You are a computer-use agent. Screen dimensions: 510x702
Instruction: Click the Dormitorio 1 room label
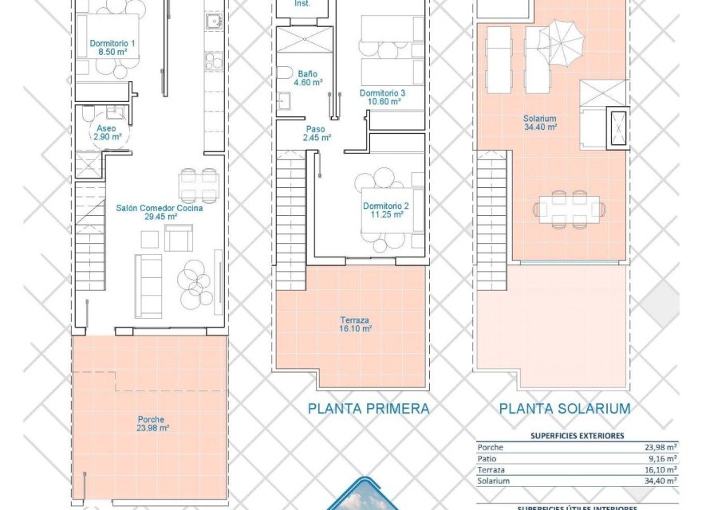click(x=112, y=48)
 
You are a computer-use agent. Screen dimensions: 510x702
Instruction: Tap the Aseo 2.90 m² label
click(x=108, y=132)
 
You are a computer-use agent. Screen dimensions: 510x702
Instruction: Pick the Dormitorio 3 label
click(x=383, y=97)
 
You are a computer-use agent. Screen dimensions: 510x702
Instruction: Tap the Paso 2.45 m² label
click(x=316, y=133)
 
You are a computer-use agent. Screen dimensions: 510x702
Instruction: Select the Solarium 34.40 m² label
click(x=540, y=122)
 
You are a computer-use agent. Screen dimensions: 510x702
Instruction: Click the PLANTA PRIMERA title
click(x=369, y=409)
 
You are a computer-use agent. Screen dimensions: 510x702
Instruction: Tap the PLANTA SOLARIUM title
click(x=565, y=409)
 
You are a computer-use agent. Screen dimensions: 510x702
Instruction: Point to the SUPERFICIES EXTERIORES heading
click(x=577, y=436)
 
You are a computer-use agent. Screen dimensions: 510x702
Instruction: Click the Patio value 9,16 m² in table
click(x=660, y=458)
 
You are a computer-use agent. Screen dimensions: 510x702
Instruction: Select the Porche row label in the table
click(x=490, y=447)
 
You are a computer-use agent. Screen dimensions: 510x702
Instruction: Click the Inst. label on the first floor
click(x=302, y=4)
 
